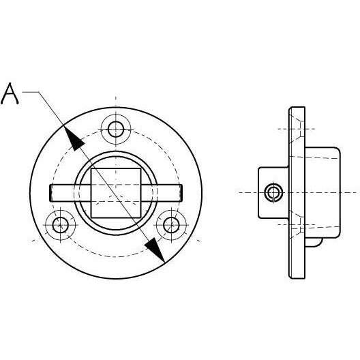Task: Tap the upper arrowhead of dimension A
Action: click(x=76, y=141)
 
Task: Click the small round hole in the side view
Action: click(x=275, y=192)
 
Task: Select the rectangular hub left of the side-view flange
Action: click(x=273, y=192)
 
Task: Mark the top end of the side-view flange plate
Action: click(x=297, y=110)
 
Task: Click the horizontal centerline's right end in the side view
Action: click(x=353, y=192)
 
